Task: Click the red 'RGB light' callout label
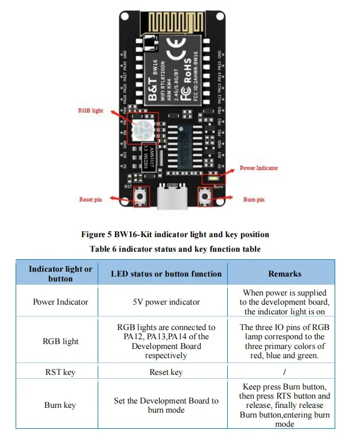[x=90, y=110]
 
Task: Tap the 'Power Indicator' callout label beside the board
[x=259, y=168]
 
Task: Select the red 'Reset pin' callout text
[x=91, y=200]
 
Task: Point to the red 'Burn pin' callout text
[x=254, y=200]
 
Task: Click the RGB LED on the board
[x=144, y=129]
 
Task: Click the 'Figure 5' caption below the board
[x=175, y=234]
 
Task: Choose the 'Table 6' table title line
[x=175, y=249]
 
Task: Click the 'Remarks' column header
[x=284, y=274]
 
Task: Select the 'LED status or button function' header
[x=166, y=274]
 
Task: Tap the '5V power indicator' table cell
[x=166, y=302]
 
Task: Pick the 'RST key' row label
[x=60, y=372]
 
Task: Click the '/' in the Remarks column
[x=284, y=372]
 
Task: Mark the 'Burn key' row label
[x=60, y=405]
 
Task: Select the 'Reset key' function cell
[x=166, y=372]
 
